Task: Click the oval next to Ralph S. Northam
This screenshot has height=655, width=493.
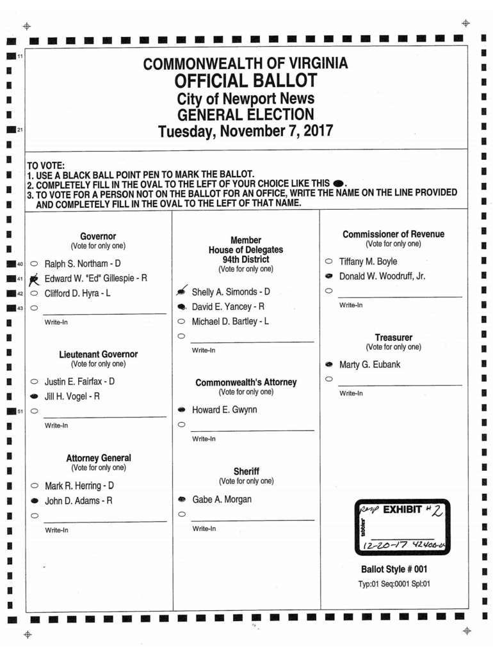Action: pos(34,263)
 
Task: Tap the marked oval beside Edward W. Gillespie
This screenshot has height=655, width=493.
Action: pos(34,278)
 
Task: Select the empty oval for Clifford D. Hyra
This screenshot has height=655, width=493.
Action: pos(34,294)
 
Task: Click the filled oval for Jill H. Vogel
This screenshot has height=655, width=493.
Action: pos(34,396)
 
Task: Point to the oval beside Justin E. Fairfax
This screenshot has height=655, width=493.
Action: pos(34,381)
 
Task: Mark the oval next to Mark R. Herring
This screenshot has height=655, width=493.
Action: pos(34,486)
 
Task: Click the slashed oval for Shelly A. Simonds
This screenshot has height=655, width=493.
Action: pos(182,292)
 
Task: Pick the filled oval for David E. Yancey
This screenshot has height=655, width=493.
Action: pos(182,307)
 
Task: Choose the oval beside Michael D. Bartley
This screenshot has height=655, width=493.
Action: pos(182,321)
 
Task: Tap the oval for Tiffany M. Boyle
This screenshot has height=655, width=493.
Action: pos(328,262)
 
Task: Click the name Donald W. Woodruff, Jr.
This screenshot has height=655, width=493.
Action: pos(382,276)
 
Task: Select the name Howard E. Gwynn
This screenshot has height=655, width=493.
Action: pos(224,409)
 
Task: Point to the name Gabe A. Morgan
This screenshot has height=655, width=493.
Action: pos(222,500)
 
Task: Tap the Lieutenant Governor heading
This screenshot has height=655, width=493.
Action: pos(98,354)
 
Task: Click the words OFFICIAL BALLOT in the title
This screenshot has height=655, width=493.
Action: pos(246,81)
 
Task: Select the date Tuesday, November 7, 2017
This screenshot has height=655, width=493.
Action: pos(246,132)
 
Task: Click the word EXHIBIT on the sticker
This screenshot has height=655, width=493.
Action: pos(402,510)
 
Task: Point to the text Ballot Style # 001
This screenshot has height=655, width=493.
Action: pos(394,569)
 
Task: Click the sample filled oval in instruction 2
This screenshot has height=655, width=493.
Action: pos(339,183)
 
